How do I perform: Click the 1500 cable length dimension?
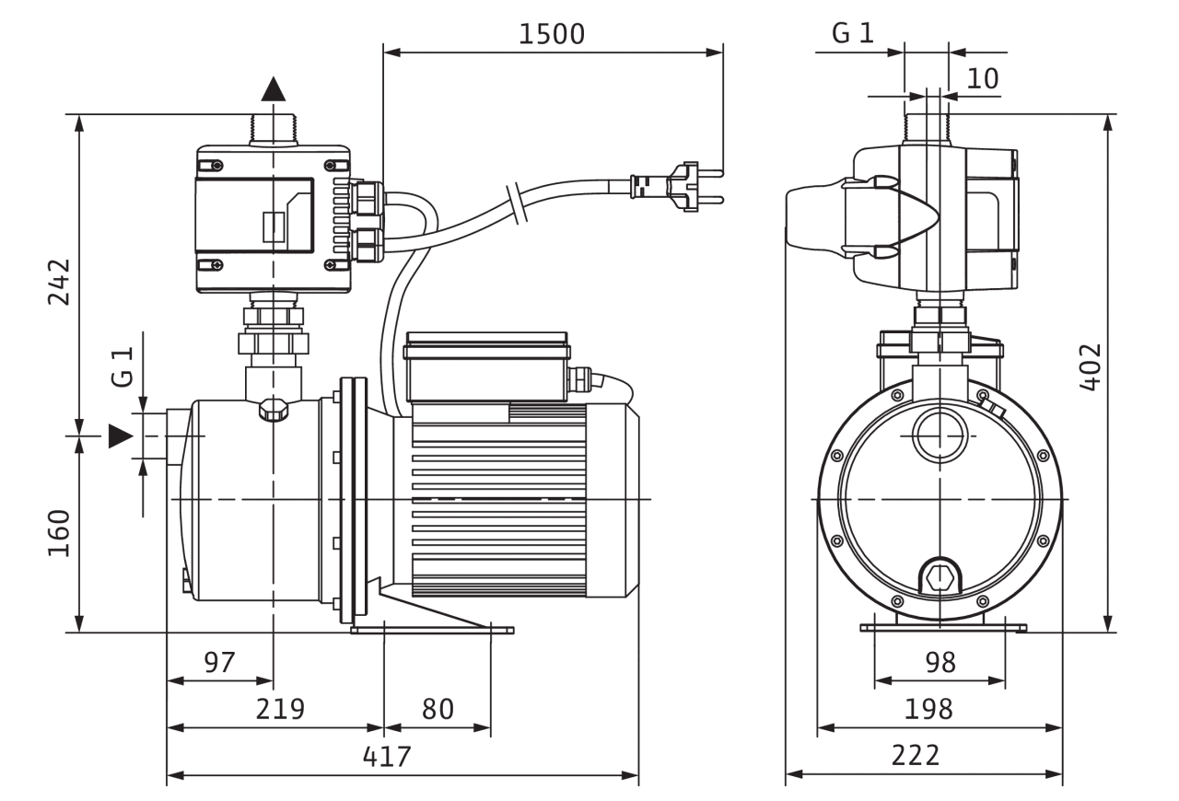coord(551,34)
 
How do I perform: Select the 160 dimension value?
coord(58,533)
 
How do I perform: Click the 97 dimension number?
coord(219,661)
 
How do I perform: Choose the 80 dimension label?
coord(438,709)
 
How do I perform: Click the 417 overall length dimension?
coord(387,757)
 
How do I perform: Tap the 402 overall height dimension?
coord(1090,367)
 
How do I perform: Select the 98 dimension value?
coord(940,661)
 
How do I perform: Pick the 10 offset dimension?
coord(983,78)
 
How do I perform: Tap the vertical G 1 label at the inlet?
coord(123,366)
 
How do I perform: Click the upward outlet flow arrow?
coord(274,88)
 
